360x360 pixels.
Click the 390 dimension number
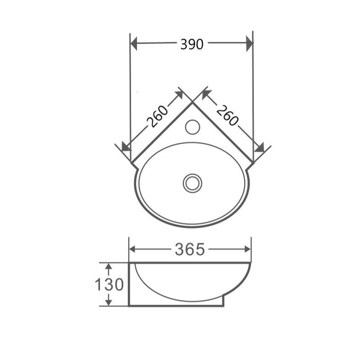click(192, 44)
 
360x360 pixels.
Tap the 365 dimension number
click(190, 249)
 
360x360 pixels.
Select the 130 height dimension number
click(109, 284)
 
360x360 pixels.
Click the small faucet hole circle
click(192, 126)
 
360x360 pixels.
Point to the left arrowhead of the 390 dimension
click(135, 44)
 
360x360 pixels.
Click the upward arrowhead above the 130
click(109, 267)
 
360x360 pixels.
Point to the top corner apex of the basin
click(192, 102)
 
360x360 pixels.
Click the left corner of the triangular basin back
click(132, 162)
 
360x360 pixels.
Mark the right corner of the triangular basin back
click(252, 162)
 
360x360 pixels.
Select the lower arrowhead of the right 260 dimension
click(259, 147)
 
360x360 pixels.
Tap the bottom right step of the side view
click(224, 300)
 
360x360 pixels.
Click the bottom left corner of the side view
click(130, 305)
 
